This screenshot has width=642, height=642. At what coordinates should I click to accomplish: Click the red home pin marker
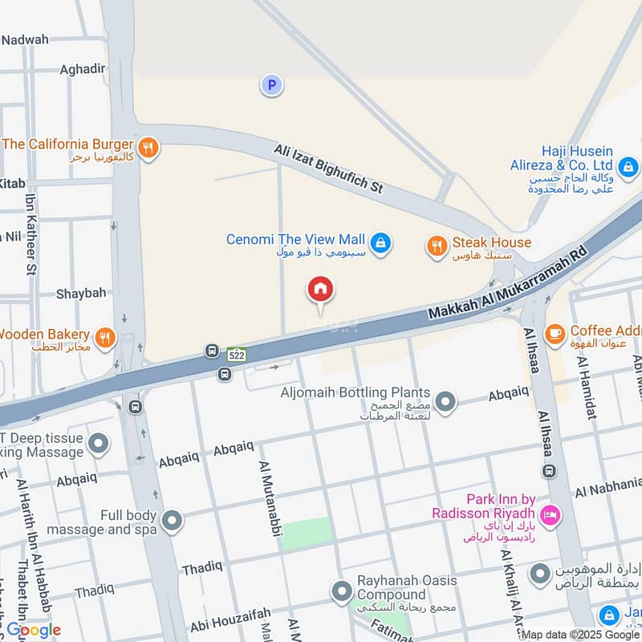[x=320, y=290]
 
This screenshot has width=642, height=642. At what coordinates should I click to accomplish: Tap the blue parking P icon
[x=272, y=84]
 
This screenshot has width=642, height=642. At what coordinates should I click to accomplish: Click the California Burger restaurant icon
[x=147, y=147]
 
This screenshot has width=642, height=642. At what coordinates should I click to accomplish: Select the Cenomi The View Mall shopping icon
[x=381, y=241]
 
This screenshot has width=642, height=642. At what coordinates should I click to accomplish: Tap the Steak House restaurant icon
[x=437, y=246]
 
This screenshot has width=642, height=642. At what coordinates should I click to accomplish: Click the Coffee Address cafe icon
[x=554, y=334]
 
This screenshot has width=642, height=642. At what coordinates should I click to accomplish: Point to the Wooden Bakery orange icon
[x=104, y=338]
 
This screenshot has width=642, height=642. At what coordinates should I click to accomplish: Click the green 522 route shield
[x=236, y=354]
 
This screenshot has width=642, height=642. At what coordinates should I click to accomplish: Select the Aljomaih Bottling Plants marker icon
[x=445, y=401]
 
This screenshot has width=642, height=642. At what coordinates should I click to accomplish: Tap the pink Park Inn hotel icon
[x=550, y=514]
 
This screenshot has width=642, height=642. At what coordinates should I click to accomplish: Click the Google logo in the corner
[x=34, y=630]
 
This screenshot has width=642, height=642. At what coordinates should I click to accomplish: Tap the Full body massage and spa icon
[x=171, y=522]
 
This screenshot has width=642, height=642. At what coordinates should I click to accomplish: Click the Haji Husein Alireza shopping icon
[x=628, y=167]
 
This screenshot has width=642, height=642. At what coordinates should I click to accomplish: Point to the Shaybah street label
[x=80, y=294]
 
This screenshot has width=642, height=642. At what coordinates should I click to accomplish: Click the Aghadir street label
[x=82, y=69]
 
